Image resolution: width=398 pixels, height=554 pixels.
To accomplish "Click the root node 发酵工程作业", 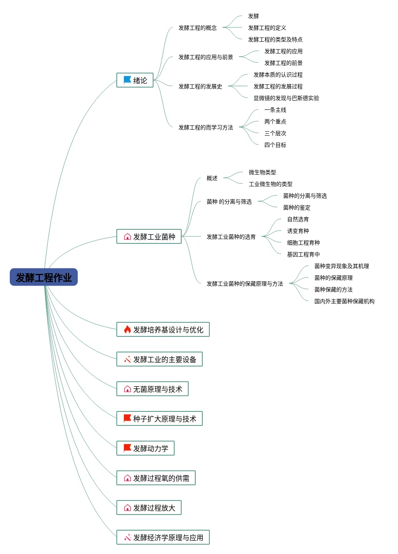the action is (x=43, y=277).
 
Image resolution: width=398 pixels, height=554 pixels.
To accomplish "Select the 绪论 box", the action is (x=135, y=80).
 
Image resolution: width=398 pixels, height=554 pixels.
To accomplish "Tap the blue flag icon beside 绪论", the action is (x=127, y=80).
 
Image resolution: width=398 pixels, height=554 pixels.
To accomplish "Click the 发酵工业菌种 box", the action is (x=149, y=236).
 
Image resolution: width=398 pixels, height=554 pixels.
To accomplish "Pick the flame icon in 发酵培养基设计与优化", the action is (x=127, y=329).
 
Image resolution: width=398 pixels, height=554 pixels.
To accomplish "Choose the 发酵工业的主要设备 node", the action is (x=159, y=359).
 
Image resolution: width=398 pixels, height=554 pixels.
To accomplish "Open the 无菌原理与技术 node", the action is (x=152, y=389).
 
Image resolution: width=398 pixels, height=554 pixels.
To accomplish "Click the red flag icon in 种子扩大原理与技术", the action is (x=127, y=418).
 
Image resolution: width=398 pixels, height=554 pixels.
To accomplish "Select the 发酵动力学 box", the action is (x=145, y=448).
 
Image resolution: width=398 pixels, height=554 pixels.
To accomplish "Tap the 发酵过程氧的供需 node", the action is (x=156, y=478).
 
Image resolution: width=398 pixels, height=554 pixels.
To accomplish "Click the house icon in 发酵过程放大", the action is (x=127, y=508).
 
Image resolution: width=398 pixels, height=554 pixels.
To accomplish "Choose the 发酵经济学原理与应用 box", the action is (x=163, y=537).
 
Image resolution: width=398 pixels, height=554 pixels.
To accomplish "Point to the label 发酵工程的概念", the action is (x=198, y=28).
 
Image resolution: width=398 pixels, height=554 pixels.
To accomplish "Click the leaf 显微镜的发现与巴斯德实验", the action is (x=286, y=98).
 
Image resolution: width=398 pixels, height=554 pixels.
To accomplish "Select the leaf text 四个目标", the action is (x=275, y=145).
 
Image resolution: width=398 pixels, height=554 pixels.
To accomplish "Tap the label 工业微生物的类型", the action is (x=270, y=184).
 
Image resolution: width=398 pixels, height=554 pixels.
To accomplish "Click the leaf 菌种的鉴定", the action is (x=297, y=207).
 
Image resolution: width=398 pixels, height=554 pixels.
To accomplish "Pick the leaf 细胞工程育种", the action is (x=303, y=243).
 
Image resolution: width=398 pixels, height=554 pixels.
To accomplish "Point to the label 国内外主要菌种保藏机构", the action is (x=344, y=301).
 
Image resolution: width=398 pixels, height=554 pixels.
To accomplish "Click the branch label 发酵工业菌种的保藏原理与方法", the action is (x=245, y=284).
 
